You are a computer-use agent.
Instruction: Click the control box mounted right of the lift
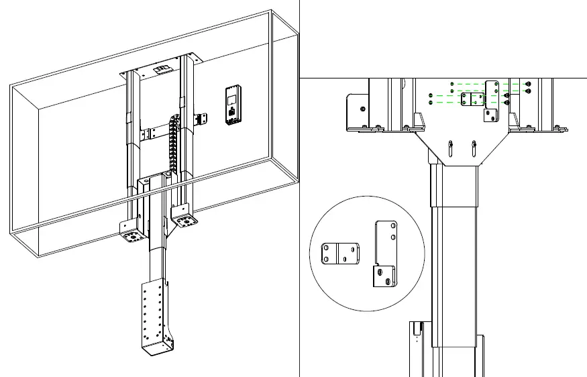pyautogui.click(x=231, y=105)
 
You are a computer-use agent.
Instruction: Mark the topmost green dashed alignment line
pyautogui.click(x=483, y=84)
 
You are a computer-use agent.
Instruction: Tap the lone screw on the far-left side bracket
pyautogui.click(x=363, y=108)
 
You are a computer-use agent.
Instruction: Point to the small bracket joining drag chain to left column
pyautogui.click(x=155, y=131)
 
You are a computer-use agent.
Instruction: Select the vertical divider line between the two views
pyautogui.click(x=299, y=201)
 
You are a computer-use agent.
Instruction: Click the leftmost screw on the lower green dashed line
pyautogui.click(x=430, y=103)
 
